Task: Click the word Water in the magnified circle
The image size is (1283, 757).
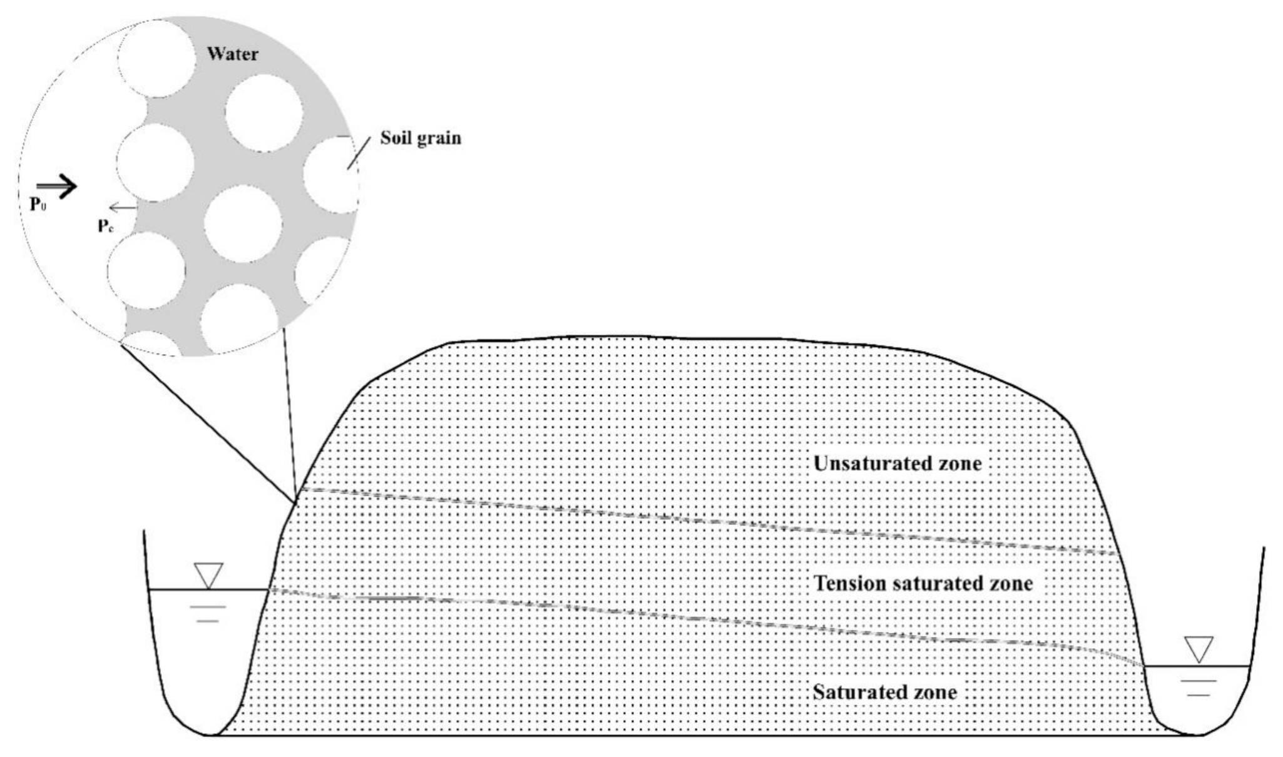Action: [x=232, y=54]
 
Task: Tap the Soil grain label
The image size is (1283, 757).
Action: [x=421, y=138]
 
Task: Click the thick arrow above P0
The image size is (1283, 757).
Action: [x=57, y=186]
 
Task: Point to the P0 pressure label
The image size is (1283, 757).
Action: [x=38, y=205]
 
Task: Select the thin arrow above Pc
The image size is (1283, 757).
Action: [x=123, y=207]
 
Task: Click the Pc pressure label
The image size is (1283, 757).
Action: [x=105, y=226]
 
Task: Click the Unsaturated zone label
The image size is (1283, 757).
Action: [x=897, y=464]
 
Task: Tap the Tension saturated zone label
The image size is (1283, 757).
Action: [x=923, y=584]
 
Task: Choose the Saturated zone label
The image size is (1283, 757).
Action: [x=884, y=693]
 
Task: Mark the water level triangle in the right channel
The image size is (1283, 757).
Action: [x=1199, y=649]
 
